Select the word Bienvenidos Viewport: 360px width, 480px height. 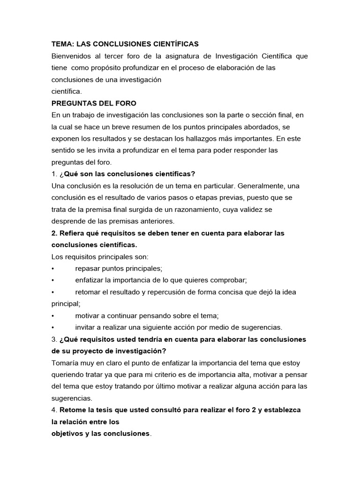[x=72, y=56]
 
